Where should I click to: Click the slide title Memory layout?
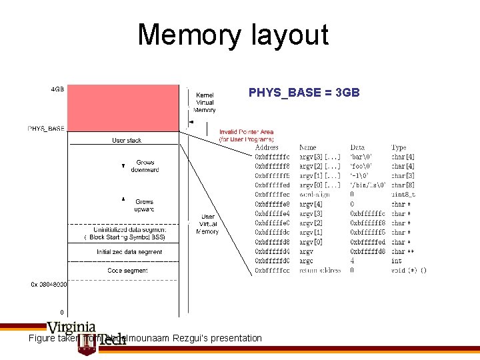click(233, 35)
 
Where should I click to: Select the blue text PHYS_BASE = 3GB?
click(304, 93)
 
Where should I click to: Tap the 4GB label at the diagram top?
click(57, 89)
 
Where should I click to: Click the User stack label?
click(126, 140)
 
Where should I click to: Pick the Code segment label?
click(127, 271)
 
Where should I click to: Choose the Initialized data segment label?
click(129, 252)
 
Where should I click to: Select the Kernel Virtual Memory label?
click(205, 102)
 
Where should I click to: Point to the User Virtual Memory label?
click(209, 224)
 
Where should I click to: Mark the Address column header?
click(267, 147)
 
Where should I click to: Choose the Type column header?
click(398, 147)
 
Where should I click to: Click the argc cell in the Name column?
click(306, 261)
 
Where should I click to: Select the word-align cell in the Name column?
click(311, 195)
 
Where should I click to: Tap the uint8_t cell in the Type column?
click(403, 195)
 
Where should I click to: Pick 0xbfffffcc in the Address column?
click(272, 271)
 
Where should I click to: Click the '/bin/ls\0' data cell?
click(367, 185)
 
